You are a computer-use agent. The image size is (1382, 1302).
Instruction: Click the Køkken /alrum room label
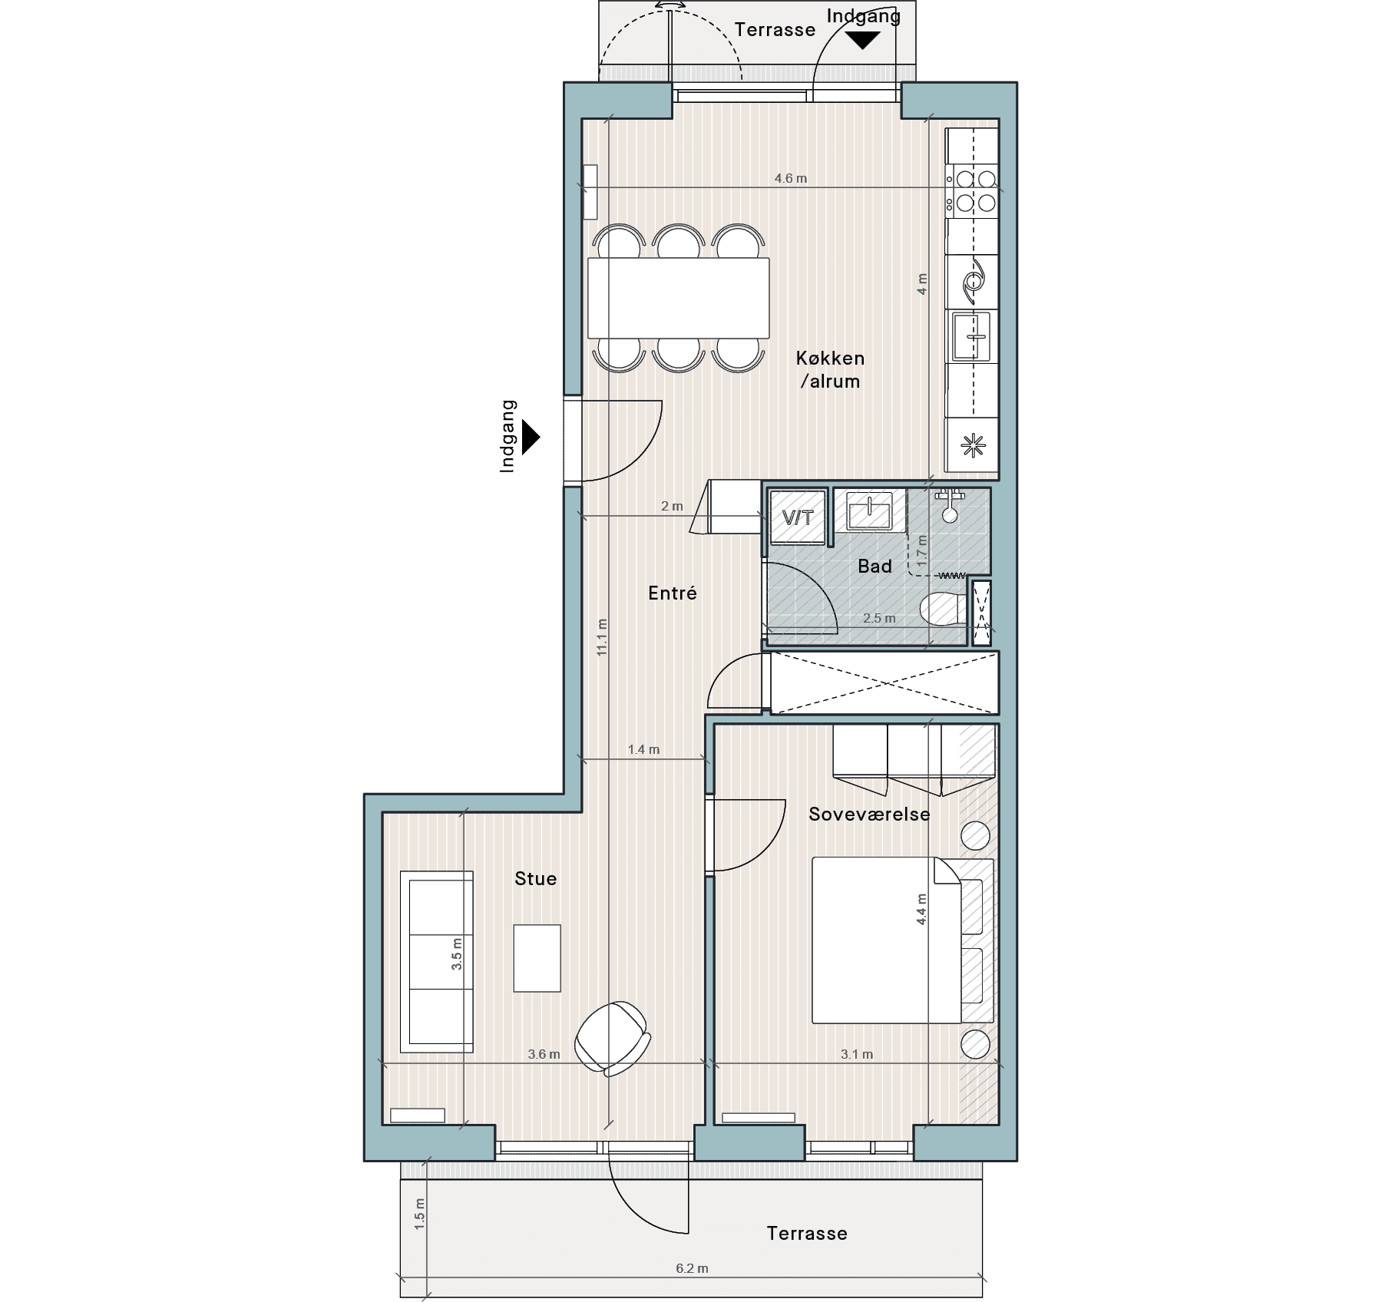point(830,369)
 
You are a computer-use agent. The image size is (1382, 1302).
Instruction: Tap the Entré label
point(673,593)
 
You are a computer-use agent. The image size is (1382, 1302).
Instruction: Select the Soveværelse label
point(869,814)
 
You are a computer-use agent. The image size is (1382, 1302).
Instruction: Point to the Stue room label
point(536,878)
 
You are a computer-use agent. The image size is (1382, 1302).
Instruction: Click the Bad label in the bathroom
point(874,566)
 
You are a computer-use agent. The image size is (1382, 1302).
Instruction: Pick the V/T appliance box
point(798,517)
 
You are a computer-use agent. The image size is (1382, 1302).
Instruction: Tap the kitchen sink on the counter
point(972,335)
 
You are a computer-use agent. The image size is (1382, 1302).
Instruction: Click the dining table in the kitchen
point(678,298)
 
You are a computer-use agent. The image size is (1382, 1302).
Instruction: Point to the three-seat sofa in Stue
point(436,961)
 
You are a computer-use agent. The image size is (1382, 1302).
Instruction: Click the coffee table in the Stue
point(537,958)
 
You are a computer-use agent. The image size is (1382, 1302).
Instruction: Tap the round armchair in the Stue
point(613,1037)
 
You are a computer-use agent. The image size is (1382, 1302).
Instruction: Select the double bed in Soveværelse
point(887,940)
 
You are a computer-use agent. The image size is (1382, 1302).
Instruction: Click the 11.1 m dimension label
point(602,637)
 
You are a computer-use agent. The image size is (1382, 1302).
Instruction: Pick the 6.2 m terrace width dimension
point(692,1268)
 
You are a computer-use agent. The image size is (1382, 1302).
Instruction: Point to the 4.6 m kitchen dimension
point(791,178)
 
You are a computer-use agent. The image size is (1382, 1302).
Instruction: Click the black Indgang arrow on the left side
point(531,438)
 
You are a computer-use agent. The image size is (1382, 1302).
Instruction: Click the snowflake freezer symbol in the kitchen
point(973,445)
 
